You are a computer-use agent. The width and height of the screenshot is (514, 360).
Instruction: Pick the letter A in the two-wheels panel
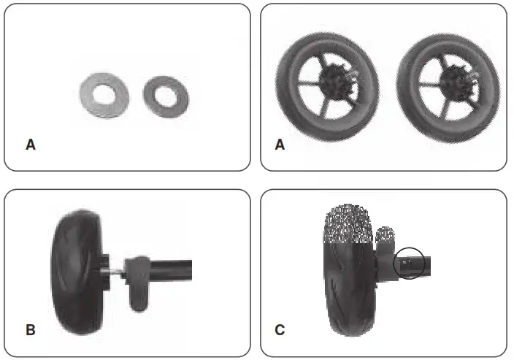[x=279, y=145]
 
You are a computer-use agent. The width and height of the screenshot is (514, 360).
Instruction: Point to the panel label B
[x=30, y=330]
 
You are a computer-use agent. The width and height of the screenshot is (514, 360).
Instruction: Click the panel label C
[x=279, y=330]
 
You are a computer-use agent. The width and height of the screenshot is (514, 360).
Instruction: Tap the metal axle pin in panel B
[x=118, y=270]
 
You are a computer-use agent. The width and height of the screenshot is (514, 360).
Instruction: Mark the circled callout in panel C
[x=409, y=263]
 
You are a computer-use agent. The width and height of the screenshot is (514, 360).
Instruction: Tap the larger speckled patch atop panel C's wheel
[x=349, y=223]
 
